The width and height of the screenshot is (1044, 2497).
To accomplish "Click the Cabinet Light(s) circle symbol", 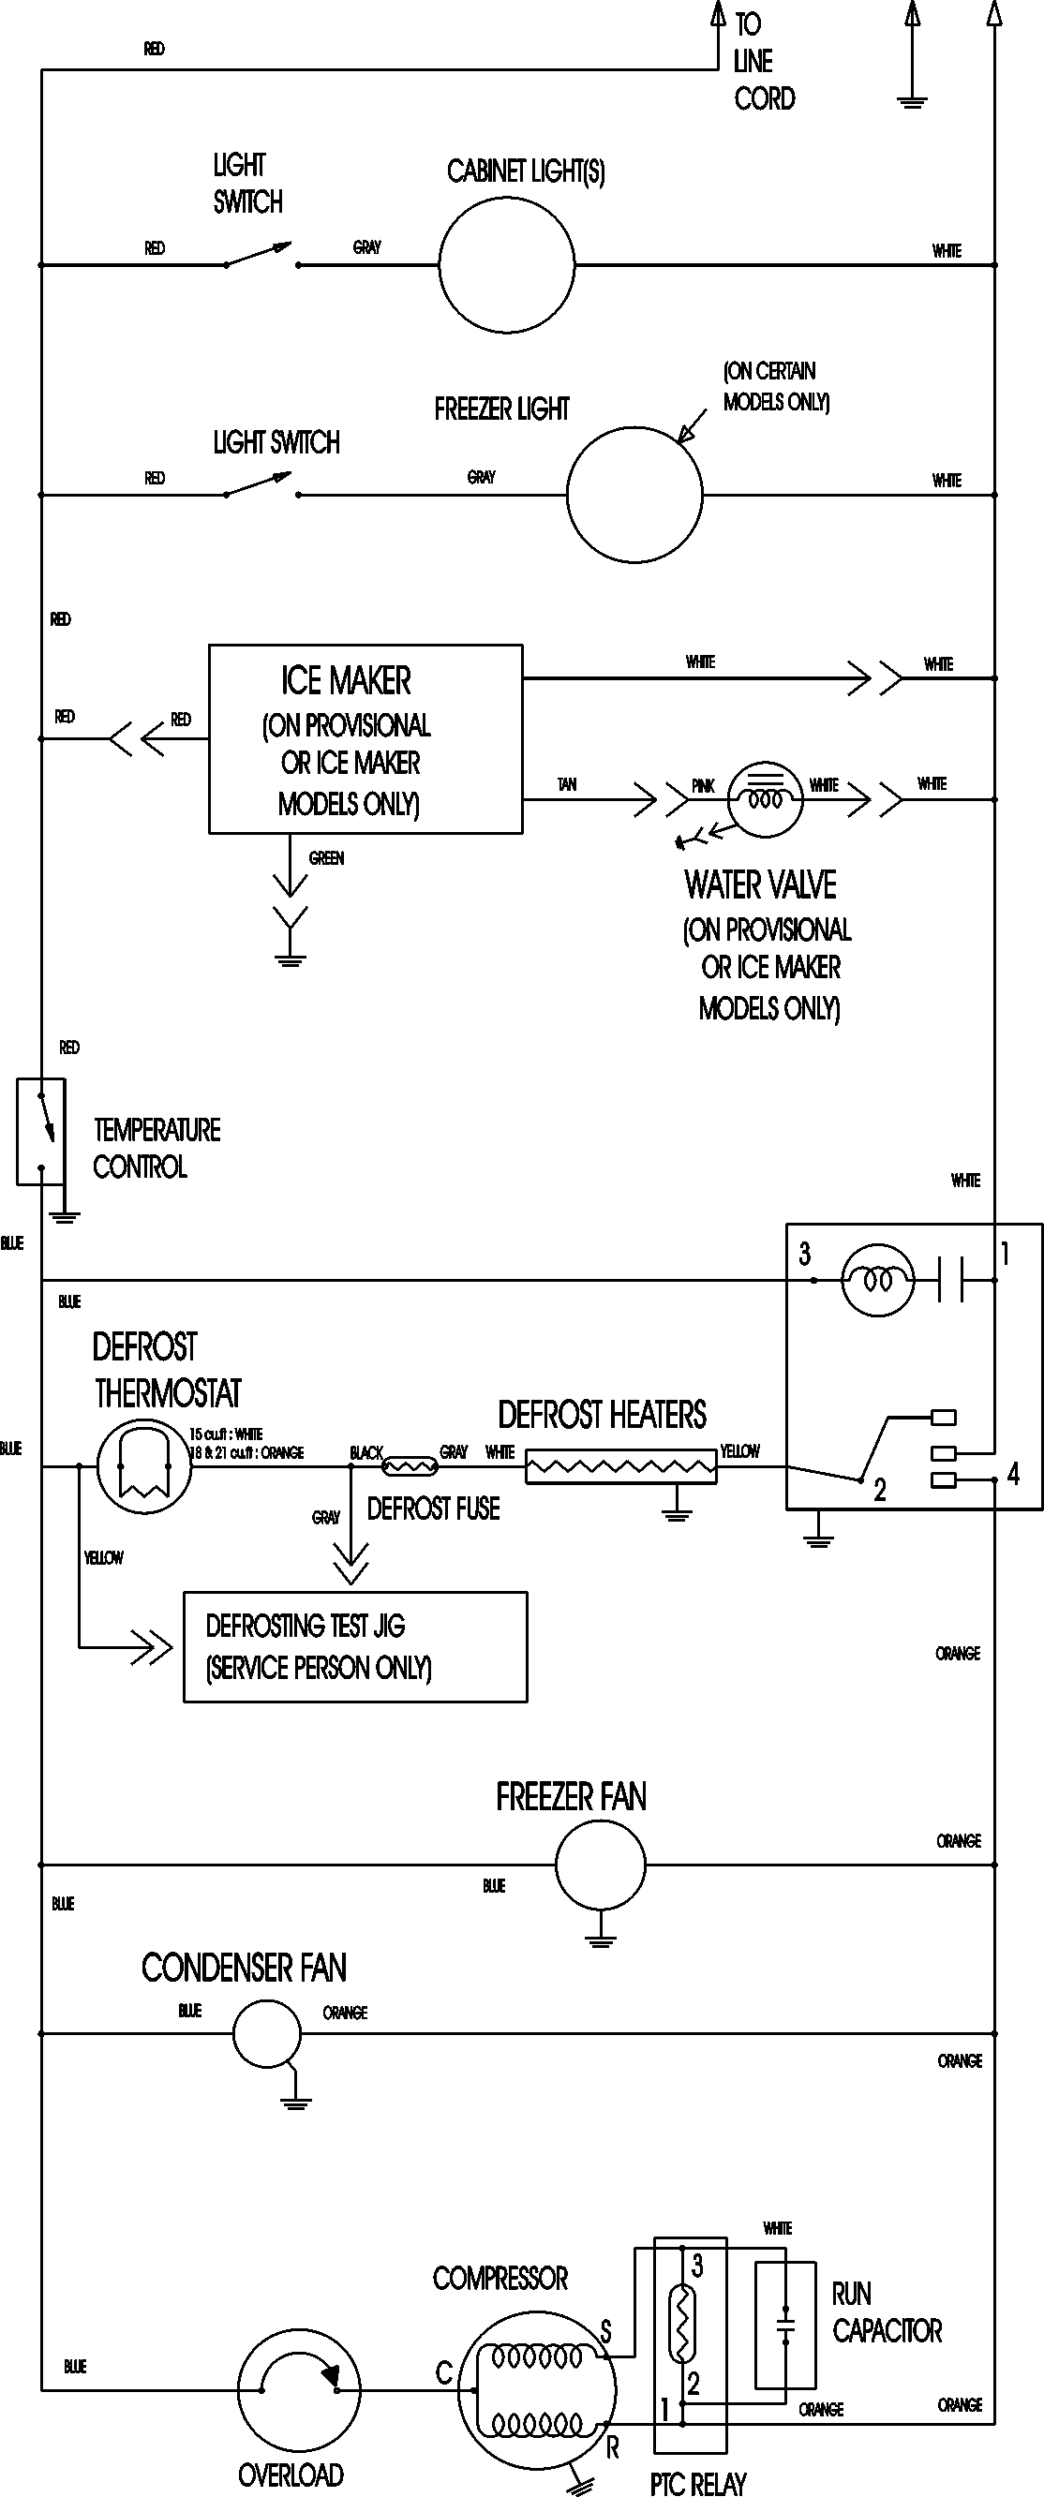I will pos(506,264).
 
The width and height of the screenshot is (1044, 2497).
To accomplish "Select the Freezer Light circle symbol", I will pos(634,495).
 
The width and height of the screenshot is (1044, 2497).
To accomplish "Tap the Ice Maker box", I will pos(365,738).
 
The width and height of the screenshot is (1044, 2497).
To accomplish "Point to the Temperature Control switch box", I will pos(40,1131).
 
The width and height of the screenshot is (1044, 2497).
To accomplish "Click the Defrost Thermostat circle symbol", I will pos(144,1465).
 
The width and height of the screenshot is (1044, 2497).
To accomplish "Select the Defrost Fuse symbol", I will pos(410,1466).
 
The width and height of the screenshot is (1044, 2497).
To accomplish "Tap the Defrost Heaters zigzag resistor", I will pos(620,1466).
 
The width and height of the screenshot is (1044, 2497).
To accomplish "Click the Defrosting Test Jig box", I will pos(355,1646).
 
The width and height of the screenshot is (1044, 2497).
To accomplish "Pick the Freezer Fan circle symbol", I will pos(600,1864).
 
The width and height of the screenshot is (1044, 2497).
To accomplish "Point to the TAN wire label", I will pos(567,784).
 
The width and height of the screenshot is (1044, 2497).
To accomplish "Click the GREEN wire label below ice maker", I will pos(327,858).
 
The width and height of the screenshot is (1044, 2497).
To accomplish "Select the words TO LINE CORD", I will pos(763,61).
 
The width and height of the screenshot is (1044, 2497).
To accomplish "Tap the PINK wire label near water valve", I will pos(703,786).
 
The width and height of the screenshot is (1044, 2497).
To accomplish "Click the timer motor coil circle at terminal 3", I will pos(876,1281).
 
